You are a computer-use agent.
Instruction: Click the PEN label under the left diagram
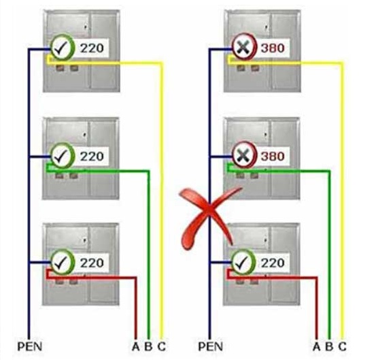click(x=30, y=346)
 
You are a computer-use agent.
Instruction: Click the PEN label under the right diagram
click(x=210, y=346)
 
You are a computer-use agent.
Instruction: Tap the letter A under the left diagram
click(x=136, y=346)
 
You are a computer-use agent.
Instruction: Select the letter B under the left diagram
click(x=149, y=346)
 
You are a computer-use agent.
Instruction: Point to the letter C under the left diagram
click(x=162, y=346)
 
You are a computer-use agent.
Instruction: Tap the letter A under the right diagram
click(x=316, y=346)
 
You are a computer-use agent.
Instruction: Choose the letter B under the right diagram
click(x=329, y=346)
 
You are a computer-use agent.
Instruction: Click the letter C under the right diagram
click(x=342, y=346)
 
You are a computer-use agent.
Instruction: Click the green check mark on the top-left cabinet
click(x=63, y=48)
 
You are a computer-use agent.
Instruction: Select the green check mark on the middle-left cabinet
click(x=63, y=155)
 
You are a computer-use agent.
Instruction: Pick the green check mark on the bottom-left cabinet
click(x=63, y=262)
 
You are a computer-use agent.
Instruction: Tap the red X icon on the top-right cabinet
click(x=243, y=47)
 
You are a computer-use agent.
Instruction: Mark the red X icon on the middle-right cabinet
click(x=243, y=155)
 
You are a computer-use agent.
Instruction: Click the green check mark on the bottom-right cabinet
click(x=243, y=262)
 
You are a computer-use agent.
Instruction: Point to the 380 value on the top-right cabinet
click(x=273, y=48)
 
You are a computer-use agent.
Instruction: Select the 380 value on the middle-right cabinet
click(x=273, y=156)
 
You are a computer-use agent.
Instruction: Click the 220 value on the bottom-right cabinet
click(x=273, y=263)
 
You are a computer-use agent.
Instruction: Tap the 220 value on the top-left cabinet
click(x=92, y=48)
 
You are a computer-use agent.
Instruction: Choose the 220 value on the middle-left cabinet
click(x=92, y=157)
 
